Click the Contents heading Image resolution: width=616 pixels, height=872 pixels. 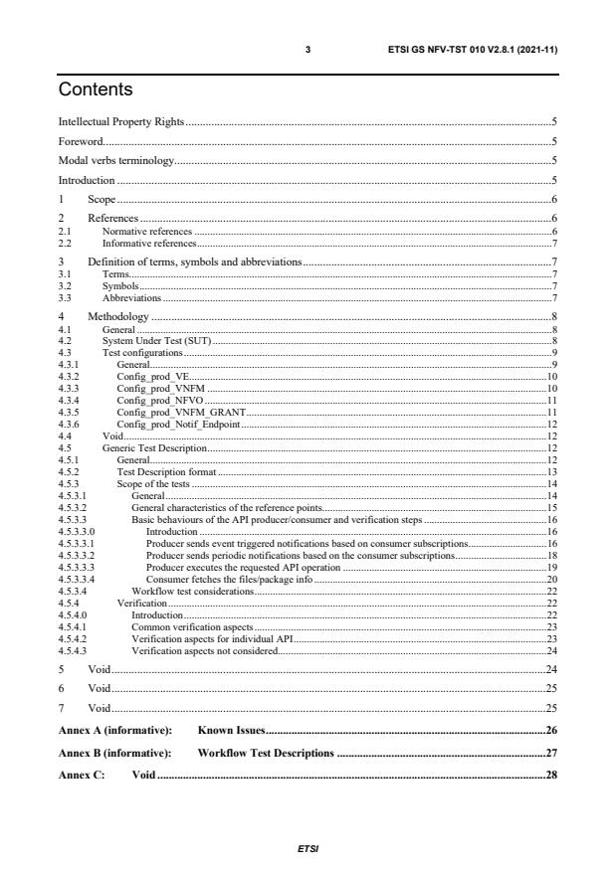[96, 90]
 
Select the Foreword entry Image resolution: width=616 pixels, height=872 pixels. [81, 141]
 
